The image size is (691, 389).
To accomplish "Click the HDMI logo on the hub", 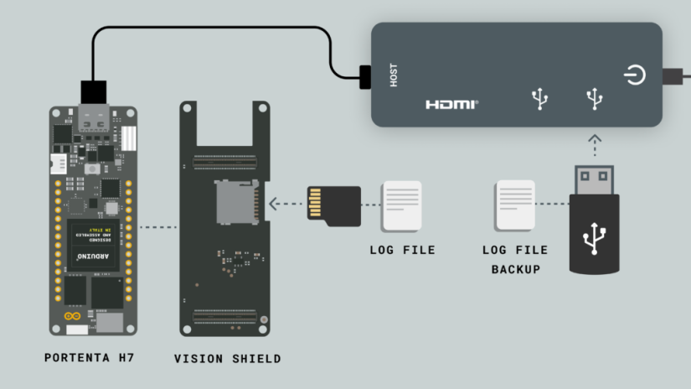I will [x=451, y=105].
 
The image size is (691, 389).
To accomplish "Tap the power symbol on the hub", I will [x=635, y=75].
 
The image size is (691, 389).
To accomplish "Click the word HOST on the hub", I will [x=394, y=75].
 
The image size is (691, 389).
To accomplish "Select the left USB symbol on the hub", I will [x=540, y=100].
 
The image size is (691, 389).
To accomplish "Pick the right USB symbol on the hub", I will [x=595, y=100].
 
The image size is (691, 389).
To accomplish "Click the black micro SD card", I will [x=333, y=205].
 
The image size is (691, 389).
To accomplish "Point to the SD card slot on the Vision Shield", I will [x=238, y=201].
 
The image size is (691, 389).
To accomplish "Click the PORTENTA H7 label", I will [x=90, y=358].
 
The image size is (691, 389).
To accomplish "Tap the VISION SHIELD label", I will [x=227, y=359].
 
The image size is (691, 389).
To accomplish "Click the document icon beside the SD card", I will [x=402, y=206].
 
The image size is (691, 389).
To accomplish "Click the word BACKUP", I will [x=515, y=269].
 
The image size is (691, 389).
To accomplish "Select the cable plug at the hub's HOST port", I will [x=365, y=76].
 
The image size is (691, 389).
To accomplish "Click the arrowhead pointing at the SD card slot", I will [x=273, y=204].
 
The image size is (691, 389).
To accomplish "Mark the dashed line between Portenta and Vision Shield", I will [x=159, y=227].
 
